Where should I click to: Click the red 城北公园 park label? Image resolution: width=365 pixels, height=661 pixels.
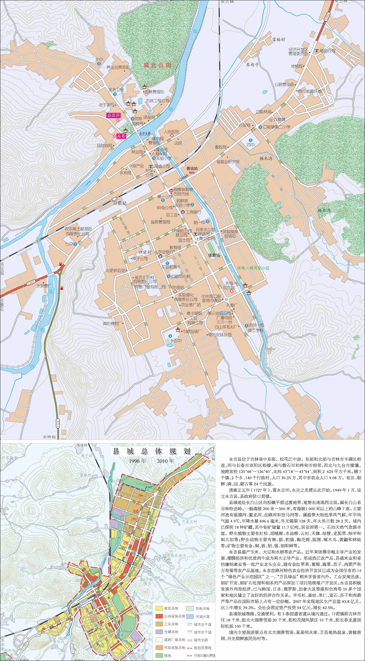click(157, 65)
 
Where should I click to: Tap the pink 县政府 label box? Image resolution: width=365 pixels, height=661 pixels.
click(114, 115)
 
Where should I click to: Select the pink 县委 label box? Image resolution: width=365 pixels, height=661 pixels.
click(121, 136)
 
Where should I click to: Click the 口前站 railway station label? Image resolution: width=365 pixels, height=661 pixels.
click(120, 203)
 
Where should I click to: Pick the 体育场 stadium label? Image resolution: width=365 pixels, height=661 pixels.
click(214, 255)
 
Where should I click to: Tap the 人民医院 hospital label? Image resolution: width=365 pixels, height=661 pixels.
click(171, 132)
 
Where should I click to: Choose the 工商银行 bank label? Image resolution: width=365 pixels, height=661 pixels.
click(193, 212)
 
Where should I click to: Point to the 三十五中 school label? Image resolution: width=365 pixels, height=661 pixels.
click(174, 340)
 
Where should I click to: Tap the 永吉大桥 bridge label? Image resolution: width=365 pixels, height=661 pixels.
click(145, 134)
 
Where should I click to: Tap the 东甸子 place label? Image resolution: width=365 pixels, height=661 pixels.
click(252, 65)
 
